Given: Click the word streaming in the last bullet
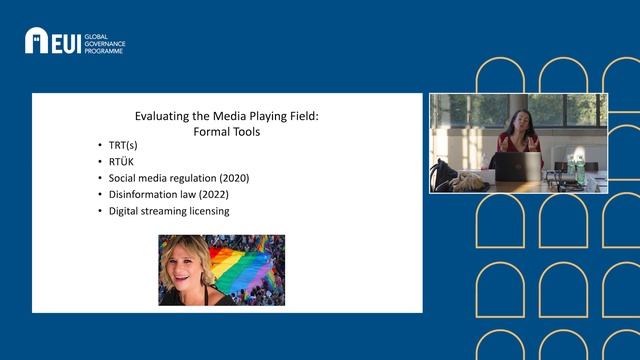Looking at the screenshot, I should tap(167, 212).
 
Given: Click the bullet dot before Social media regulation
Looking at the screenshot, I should tap(100, 178).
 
